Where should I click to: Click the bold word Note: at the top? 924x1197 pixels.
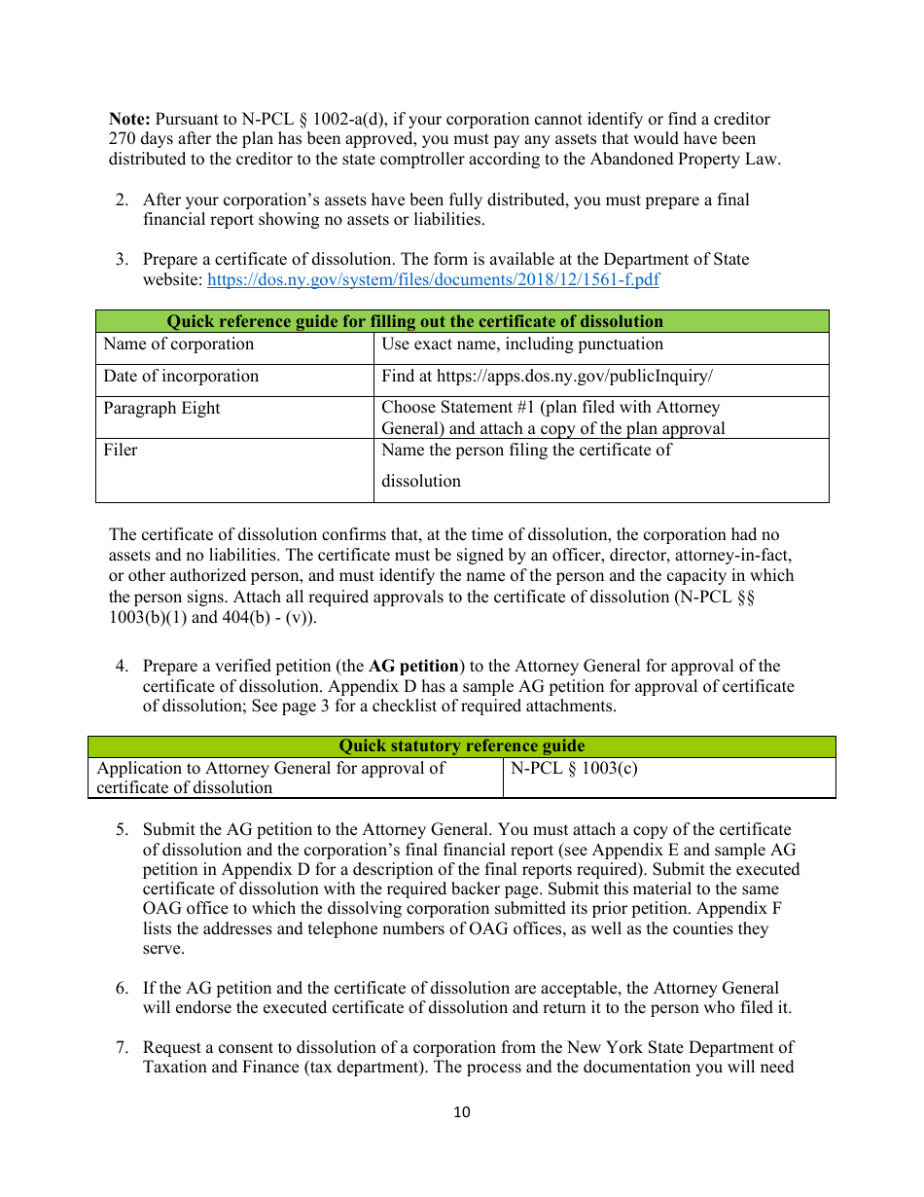pyautogui.click(x=129, y=120)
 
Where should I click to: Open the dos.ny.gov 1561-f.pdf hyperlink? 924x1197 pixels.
pyautogui.click(x=433, y=280)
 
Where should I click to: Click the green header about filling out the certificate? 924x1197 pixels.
pyautogui.click(x=415, y=321)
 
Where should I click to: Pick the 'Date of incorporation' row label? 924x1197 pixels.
pyautogui.click(x=182, y=377)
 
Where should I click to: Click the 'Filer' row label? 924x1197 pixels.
pyautogui.click(x=121, y=451)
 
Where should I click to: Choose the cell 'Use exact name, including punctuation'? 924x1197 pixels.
pyautogui.click(x=522, y=345)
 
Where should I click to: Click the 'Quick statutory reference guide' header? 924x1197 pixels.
pyautogui.click(x=461, y=746)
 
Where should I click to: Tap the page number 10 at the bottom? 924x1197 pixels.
pyautogui.click(x=461, y=1112)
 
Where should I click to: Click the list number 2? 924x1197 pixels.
pyautogui.click(x=122, y=199)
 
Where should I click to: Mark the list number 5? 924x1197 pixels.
pyautogui.click(x=122, y=830)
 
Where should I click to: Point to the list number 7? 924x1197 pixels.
pyautogui.click(x=122, y=1048)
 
